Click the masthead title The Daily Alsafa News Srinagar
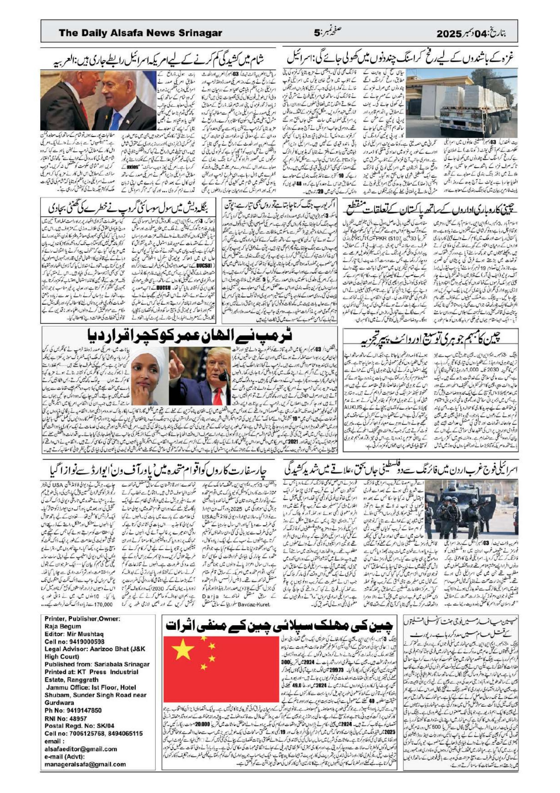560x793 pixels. click(140, 33)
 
